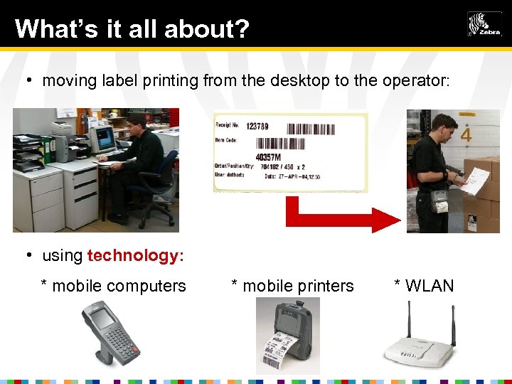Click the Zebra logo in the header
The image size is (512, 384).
tap(484, 24)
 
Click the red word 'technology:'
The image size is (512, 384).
tap(136, 255)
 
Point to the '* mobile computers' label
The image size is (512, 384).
tap(114, 286)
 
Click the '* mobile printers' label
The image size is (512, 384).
tap(293, 286)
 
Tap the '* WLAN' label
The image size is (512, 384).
tap(424, 286)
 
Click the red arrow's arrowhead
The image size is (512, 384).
tap(386, 220)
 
